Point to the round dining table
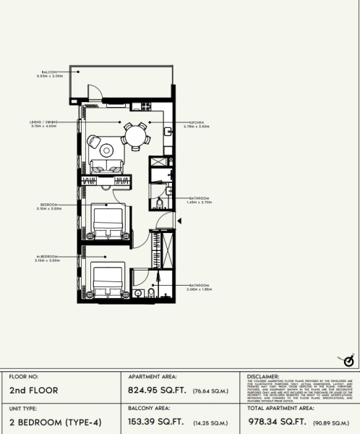point(134,135)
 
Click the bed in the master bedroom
point(106,281)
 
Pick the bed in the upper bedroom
point(108,220)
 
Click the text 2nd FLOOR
point(33,390)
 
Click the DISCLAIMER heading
point(263,377)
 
